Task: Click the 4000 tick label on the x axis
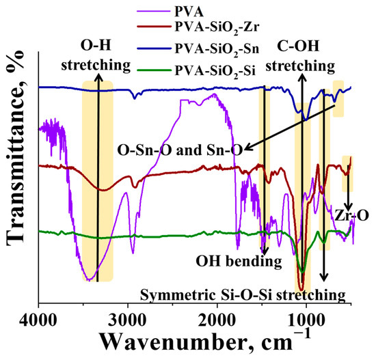(38, 318)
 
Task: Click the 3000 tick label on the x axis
(127, 318)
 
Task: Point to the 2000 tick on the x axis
(217, 318)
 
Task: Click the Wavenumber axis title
(205, 341)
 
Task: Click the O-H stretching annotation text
(97, 55)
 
